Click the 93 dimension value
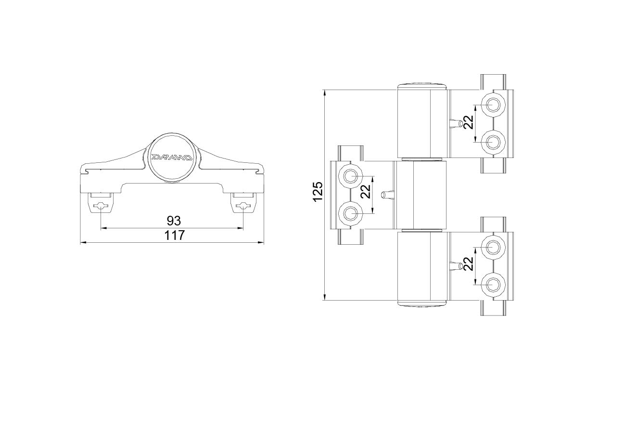point(174,221)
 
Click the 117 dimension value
point(174,235)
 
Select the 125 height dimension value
point(318,191)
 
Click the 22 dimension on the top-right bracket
point(469,122)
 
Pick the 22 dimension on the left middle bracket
point(365,192)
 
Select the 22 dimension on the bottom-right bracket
point(469,263)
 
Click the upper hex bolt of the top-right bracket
point(493,105)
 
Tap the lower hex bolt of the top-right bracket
point(493,142)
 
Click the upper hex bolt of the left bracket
point(350,176)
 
